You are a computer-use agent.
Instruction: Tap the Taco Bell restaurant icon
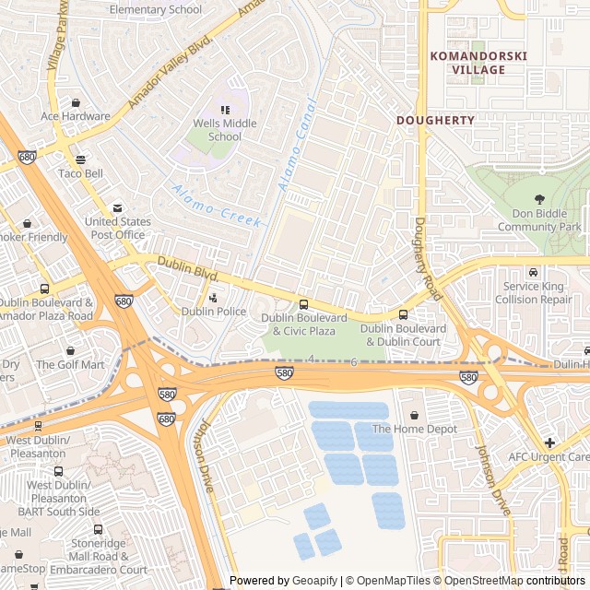[81, 159]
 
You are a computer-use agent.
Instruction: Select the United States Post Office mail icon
[116, 208]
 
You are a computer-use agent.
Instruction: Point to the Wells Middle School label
[224, 130]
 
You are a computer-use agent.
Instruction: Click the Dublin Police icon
[214, 298]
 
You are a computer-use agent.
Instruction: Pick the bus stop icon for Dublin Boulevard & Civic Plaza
[303, 304]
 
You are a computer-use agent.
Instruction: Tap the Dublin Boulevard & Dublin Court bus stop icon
[403, 315]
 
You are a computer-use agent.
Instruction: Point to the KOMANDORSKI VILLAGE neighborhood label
[478, 63]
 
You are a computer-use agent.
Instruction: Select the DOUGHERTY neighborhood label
[435, 120]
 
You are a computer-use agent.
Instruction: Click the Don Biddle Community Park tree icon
[539, 198]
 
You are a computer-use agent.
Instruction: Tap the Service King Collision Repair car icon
[533, 272]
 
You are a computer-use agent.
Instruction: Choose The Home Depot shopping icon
[414, 415]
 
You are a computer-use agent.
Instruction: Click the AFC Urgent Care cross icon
[550, 442]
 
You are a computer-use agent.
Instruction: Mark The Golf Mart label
[70, 364]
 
